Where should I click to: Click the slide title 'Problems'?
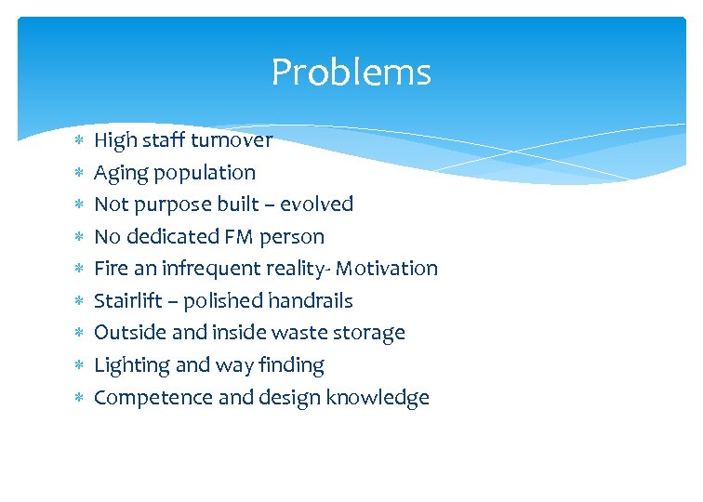(351, 73)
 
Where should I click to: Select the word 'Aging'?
(119, 173)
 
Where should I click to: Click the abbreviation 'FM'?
(240, 236)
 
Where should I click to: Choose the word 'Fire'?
(111, 269)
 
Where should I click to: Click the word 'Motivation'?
(386, 269)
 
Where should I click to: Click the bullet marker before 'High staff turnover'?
(79, 140)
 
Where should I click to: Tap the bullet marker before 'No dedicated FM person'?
(79, 237)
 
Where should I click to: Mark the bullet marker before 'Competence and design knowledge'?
(79, 398)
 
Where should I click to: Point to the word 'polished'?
(224, 301)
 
